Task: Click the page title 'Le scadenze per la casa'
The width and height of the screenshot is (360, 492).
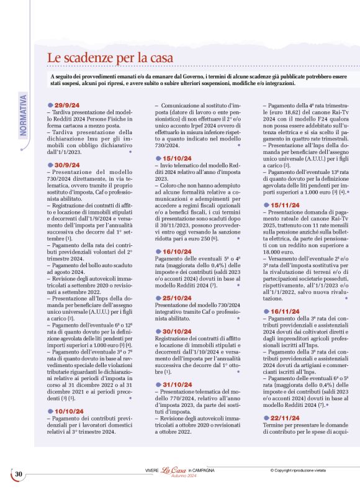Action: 118,58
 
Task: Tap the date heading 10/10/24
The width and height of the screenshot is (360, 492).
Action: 70,411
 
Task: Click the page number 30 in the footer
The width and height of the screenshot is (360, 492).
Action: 19,474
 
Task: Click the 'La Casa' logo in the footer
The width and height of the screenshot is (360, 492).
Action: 169,471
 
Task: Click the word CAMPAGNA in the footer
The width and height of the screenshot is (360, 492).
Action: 203,471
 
